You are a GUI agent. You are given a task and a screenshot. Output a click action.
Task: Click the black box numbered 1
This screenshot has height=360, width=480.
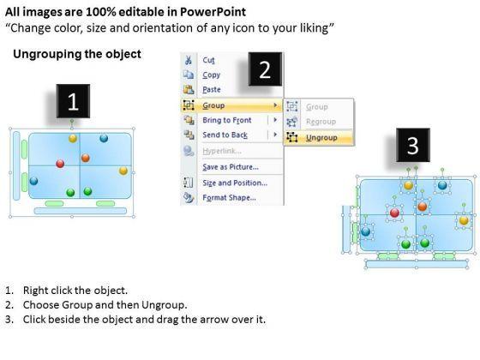(x=73, y=101)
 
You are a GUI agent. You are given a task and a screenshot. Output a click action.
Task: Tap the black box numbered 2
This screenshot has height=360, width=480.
(x=265, y=69)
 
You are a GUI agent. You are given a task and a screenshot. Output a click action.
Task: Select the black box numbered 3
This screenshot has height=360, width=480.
(x=413, y=145)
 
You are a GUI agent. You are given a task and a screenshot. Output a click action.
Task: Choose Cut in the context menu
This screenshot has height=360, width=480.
(x=209, y=60)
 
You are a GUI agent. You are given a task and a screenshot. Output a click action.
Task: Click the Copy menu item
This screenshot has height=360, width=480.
(x=211, y=75)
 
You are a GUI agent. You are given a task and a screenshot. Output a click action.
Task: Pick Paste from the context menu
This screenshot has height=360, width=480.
(x=212, y=89)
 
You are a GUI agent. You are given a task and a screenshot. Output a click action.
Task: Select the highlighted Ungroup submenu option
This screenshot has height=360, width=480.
(x=321, y=138)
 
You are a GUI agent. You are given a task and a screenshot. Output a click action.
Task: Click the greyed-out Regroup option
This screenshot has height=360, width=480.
(x=321, y=122)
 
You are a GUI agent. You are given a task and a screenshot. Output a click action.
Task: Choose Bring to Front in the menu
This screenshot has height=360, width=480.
(x=227, y=120)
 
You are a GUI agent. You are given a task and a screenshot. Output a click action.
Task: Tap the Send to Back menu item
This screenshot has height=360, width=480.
(x=225, y=135)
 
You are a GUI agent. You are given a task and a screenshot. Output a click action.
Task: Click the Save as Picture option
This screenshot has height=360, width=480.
(x=231, y=167)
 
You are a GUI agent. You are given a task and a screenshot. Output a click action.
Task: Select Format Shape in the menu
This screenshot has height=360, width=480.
(x=230, y=197)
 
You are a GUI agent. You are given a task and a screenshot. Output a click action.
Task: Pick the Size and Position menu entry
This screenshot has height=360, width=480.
(x=235, y=183)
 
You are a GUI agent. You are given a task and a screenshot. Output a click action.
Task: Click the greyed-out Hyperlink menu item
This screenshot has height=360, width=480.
(x=222, y=151)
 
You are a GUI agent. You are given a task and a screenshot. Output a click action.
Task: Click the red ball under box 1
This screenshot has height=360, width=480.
(x=60, y=164)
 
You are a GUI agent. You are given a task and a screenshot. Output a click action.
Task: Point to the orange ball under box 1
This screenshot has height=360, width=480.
(x=86, y=158)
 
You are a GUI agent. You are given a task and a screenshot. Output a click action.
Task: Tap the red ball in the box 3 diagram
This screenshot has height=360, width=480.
(x=395, y=213)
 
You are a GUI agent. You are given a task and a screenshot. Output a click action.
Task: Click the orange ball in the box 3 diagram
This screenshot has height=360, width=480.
(x=423, y=207)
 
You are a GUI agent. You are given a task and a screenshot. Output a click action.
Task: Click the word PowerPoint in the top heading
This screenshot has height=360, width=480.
(x=213, y=12)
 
